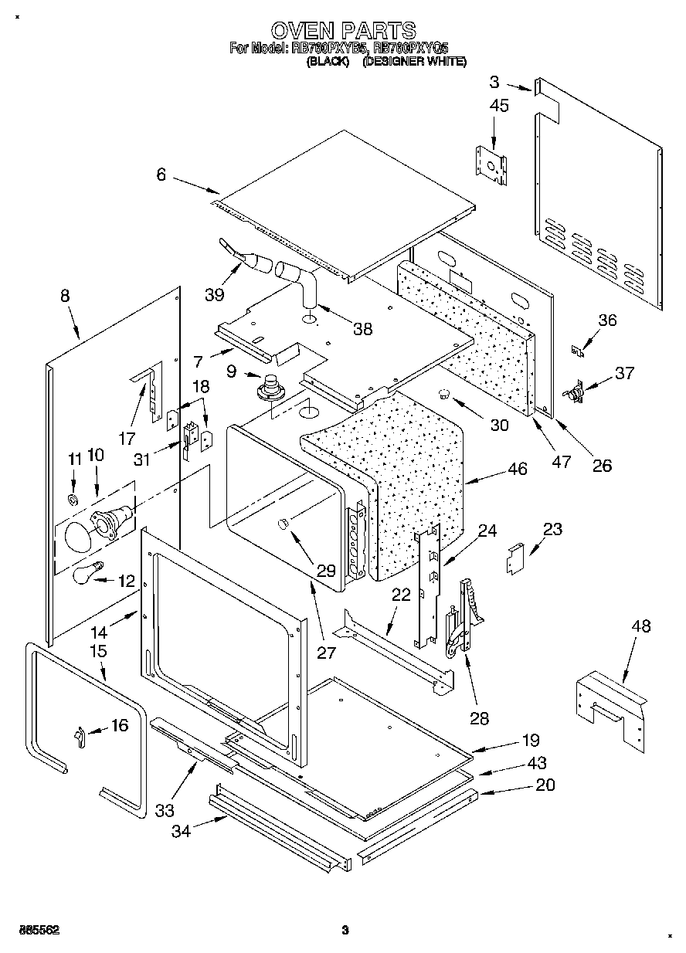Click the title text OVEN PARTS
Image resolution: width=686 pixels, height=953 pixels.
344,30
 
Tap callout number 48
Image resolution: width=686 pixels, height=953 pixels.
641,626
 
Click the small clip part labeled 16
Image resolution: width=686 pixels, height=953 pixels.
80,737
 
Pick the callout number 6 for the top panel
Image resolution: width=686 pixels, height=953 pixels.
161,175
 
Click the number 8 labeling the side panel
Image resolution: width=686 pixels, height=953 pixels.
65,295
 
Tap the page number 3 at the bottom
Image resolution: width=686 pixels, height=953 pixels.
345,930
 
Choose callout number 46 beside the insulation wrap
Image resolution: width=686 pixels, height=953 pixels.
517,469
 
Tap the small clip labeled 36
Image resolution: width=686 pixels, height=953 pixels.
575,351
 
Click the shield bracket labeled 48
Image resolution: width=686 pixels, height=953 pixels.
610,707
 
